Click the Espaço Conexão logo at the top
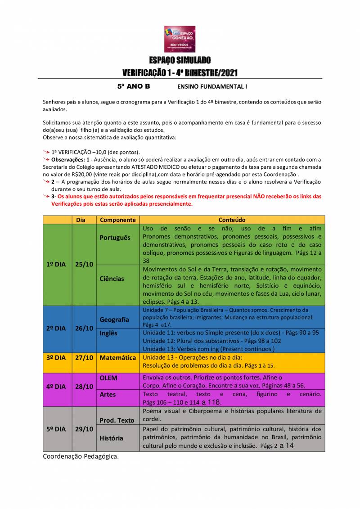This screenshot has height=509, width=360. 180,39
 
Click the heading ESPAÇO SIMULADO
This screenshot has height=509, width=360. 180,60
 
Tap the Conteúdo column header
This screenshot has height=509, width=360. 232,220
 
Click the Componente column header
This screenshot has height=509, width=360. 117,220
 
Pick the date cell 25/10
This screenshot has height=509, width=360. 84,265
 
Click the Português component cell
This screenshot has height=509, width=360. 115,238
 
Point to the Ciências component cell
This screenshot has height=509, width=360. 112,279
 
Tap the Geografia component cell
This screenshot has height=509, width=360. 114,320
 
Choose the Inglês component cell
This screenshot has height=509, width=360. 108,333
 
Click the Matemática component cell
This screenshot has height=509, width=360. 117,358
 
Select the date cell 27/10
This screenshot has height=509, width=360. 84,358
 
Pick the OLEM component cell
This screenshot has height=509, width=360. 108,378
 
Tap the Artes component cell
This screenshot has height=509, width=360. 108,394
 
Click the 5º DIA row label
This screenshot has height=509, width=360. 56,429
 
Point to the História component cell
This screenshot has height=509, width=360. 111,438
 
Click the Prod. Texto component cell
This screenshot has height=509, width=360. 117,420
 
